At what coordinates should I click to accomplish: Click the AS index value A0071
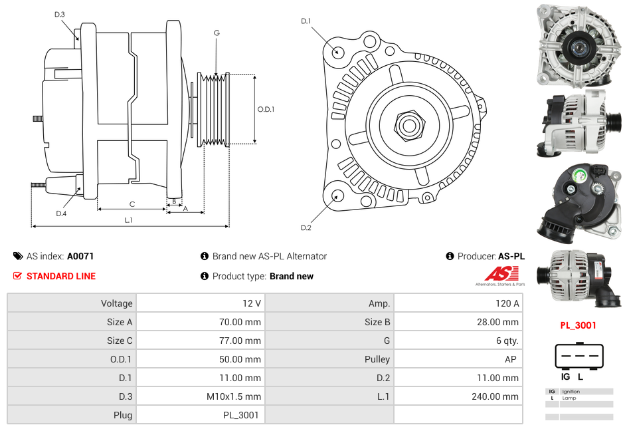click(x=80, y=256)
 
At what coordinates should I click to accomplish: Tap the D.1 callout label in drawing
click(x=306, y=21)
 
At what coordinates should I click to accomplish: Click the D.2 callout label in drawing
click(x=306, y=228)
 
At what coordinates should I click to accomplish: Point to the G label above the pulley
click(x=217, y=33)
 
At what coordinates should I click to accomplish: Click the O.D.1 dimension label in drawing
click(x=266, y=110)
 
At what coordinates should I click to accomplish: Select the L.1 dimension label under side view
click(x=129, y=219)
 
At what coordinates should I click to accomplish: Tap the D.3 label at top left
click(x=60, y=15)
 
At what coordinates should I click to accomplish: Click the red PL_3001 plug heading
click(x=578, y=325)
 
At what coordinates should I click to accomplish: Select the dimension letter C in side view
click(x=132, y=204)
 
